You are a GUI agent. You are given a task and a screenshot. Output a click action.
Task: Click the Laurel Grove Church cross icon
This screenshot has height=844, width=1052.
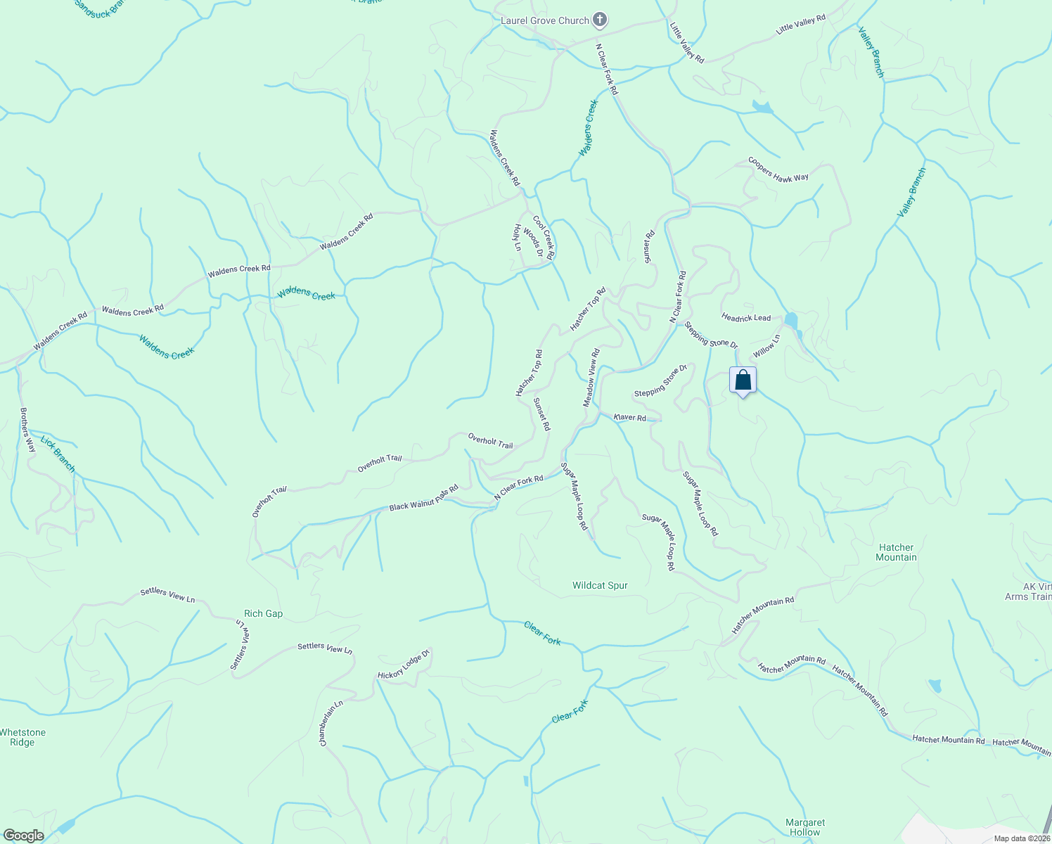599,20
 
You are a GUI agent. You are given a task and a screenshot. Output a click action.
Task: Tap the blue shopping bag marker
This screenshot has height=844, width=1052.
743,381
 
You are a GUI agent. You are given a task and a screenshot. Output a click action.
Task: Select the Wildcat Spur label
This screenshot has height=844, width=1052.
600,585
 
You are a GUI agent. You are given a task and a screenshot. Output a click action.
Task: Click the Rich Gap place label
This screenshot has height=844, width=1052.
263,613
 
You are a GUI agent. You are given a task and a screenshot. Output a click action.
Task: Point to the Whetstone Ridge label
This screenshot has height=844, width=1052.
23,737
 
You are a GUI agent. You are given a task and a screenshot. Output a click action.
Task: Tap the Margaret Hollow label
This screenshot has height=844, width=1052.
805,827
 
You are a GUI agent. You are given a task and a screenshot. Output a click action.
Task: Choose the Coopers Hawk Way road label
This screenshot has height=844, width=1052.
778,170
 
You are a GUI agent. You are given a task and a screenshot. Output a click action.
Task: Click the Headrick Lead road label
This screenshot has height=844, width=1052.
746,318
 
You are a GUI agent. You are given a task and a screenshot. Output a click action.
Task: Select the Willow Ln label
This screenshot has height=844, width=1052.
766,346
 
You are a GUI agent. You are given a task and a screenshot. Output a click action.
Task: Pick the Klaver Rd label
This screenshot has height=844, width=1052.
629,418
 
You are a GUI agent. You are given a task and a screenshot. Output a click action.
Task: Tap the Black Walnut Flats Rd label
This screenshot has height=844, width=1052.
423,497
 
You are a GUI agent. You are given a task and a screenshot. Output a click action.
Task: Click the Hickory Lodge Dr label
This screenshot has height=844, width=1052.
404,665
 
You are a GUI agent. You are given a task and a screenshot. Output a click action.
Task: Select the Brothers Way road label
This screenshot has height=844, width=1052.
27,430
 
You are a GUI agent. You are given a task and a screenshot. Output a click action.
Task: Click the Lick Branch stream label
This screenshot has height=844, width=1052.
58,454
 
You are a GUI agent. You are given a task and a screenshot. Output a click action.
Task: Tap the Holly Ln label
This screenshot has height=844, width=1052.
518,238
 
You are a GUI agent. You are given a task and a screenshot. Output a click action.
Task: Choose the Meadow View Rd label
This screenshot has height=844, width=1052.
591,378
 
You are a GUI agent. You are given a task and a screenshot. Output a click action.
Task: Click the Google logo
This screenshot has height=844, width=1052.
23,836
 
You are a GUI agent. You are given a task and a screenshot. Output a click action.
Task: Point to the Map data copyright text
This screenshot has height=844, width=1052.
1022,838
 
